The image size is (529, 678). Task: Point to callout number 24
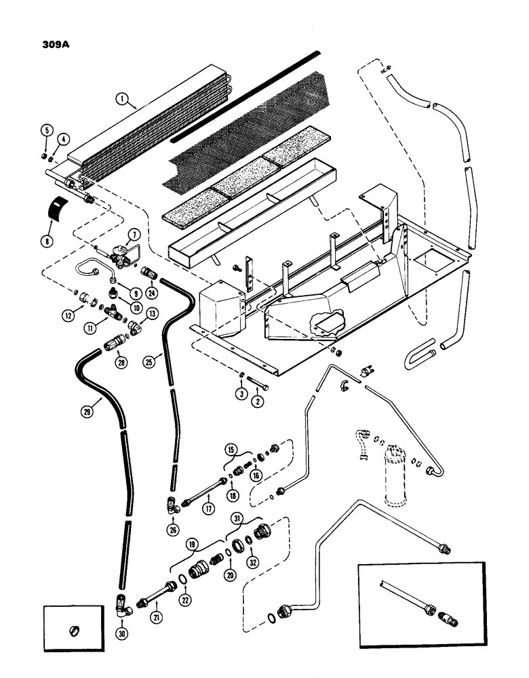tap(151, 275)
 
